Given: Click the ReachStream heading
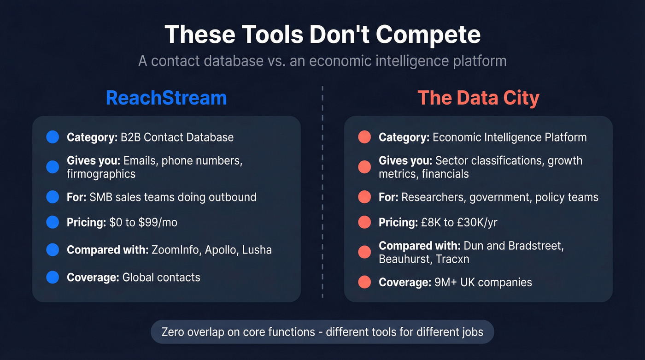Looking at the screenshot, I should pyautogui.click(x=166, y=98).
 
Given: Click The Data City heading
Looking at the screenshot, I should pyautogui.click(x=478, y=98).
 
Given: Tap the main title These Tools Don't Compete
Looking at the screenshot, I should pyautogui.click(x=322, y=35).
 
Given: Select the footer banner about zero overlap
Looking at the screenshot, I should pyautogui.click(x=322, y=332).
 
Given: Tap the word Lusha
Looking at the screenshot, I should pyautogui.click(x=257, y=250).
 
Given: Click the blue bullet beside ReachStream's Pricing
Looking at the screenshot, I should pyautogui.click(x=53, y=222).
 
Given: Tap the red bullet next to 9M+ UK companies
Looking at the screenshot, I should pyautogui.click(x=364, y=282).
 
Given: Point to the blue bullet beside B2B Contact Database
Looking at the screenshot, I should pyautogui.click(x=53, y=137).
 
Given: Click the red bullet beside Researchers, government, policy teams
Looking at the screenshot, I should pyautogui.click(x=364, y=197).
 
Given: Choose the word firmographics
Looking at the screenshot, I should pyautogui.click(x=101, y=174).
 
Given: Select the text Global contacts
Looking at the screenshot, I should pyautogui.click(x=161, y=277).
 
